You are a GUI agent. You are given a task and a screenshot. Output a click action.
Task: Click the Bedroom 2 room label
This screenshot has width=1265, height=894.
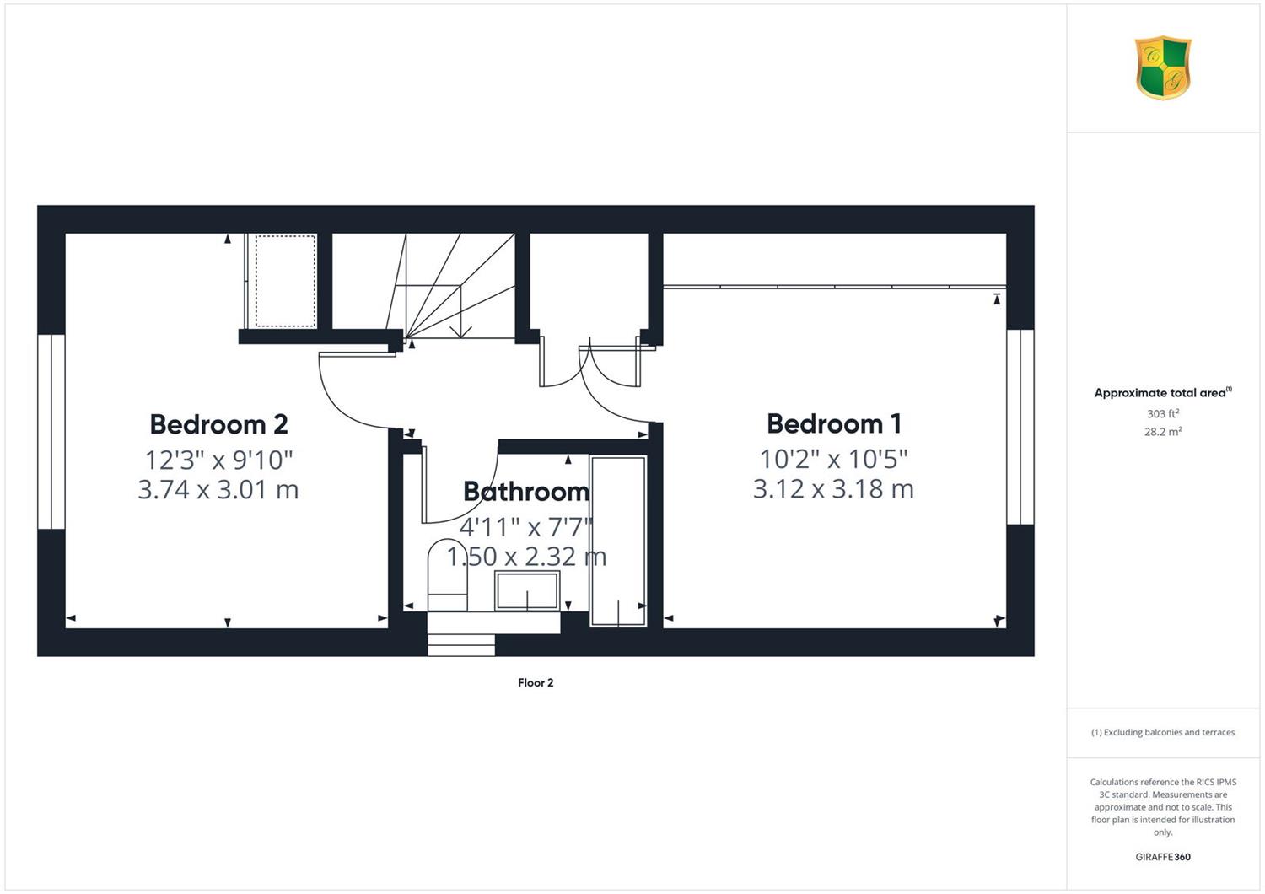point(218,425)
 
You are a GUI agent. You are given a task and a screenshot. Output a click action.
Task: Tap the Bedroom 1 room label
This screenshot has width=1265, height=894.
point(833,424)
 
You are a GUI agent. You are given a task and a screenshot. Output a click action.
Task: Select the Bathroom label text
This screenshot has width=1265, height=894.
point(526,492)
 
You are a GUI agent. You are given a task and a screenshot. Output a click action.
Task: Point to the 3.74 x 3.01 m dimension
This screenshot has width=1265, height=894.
point(218,490)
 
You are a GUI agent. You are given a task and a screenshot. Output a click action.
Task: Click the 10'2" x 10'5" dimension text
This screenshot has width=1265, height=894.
point(833,459)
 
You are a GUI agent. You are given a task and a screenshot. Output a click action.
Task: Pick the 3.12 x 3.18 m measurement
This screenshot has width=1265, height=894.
point(833,489)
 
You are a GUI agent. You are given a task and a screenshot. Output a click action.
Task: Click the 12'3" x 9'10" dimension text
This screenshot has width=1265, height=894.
point(218,460)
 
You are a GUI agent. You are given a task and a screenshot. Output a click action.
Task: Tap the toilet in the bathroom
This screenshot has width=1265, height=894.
point(448,575)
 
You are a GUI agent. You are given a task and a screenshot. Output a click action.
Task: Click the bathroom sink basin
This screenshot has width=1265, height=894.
point(527,590)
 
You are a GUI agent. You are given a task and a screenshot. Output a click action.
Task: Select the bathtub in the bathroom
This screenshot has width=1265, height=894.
point(618,541)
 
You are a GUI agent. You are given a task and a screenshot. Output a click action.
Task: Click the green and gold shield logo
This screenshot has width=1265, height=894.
point(1163,67)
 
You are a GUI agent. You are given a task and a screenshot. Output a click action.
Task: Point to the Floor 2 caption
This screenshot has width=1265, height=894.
point(536,683)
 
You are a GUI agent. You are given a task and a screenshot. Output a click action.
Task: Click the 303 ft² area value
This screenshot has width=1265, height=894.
point(1163,413)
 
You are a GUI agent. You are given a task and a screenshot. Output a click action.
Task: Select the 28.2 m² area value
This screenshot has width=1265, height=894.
point(1163,432)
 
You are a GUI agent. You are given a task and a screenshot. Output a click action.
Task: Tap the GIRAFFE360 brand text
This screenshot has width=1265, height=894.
point(1163,857)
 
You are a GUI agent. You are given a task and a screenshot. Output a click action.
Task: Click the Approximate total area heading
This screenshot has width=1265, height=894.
point(1163,392)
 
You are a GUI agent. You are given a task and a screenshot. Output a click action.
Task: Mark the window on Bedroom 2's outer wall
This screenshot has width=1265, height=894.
point(51,432)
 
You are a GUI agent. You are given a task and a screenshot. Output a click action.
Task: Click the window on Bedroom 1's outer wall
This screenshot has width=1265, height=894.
point(1020,427)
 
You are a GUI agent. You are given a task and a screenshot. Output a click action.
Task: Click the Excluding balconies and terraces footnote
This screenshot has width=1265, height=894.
point(1163,732)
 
